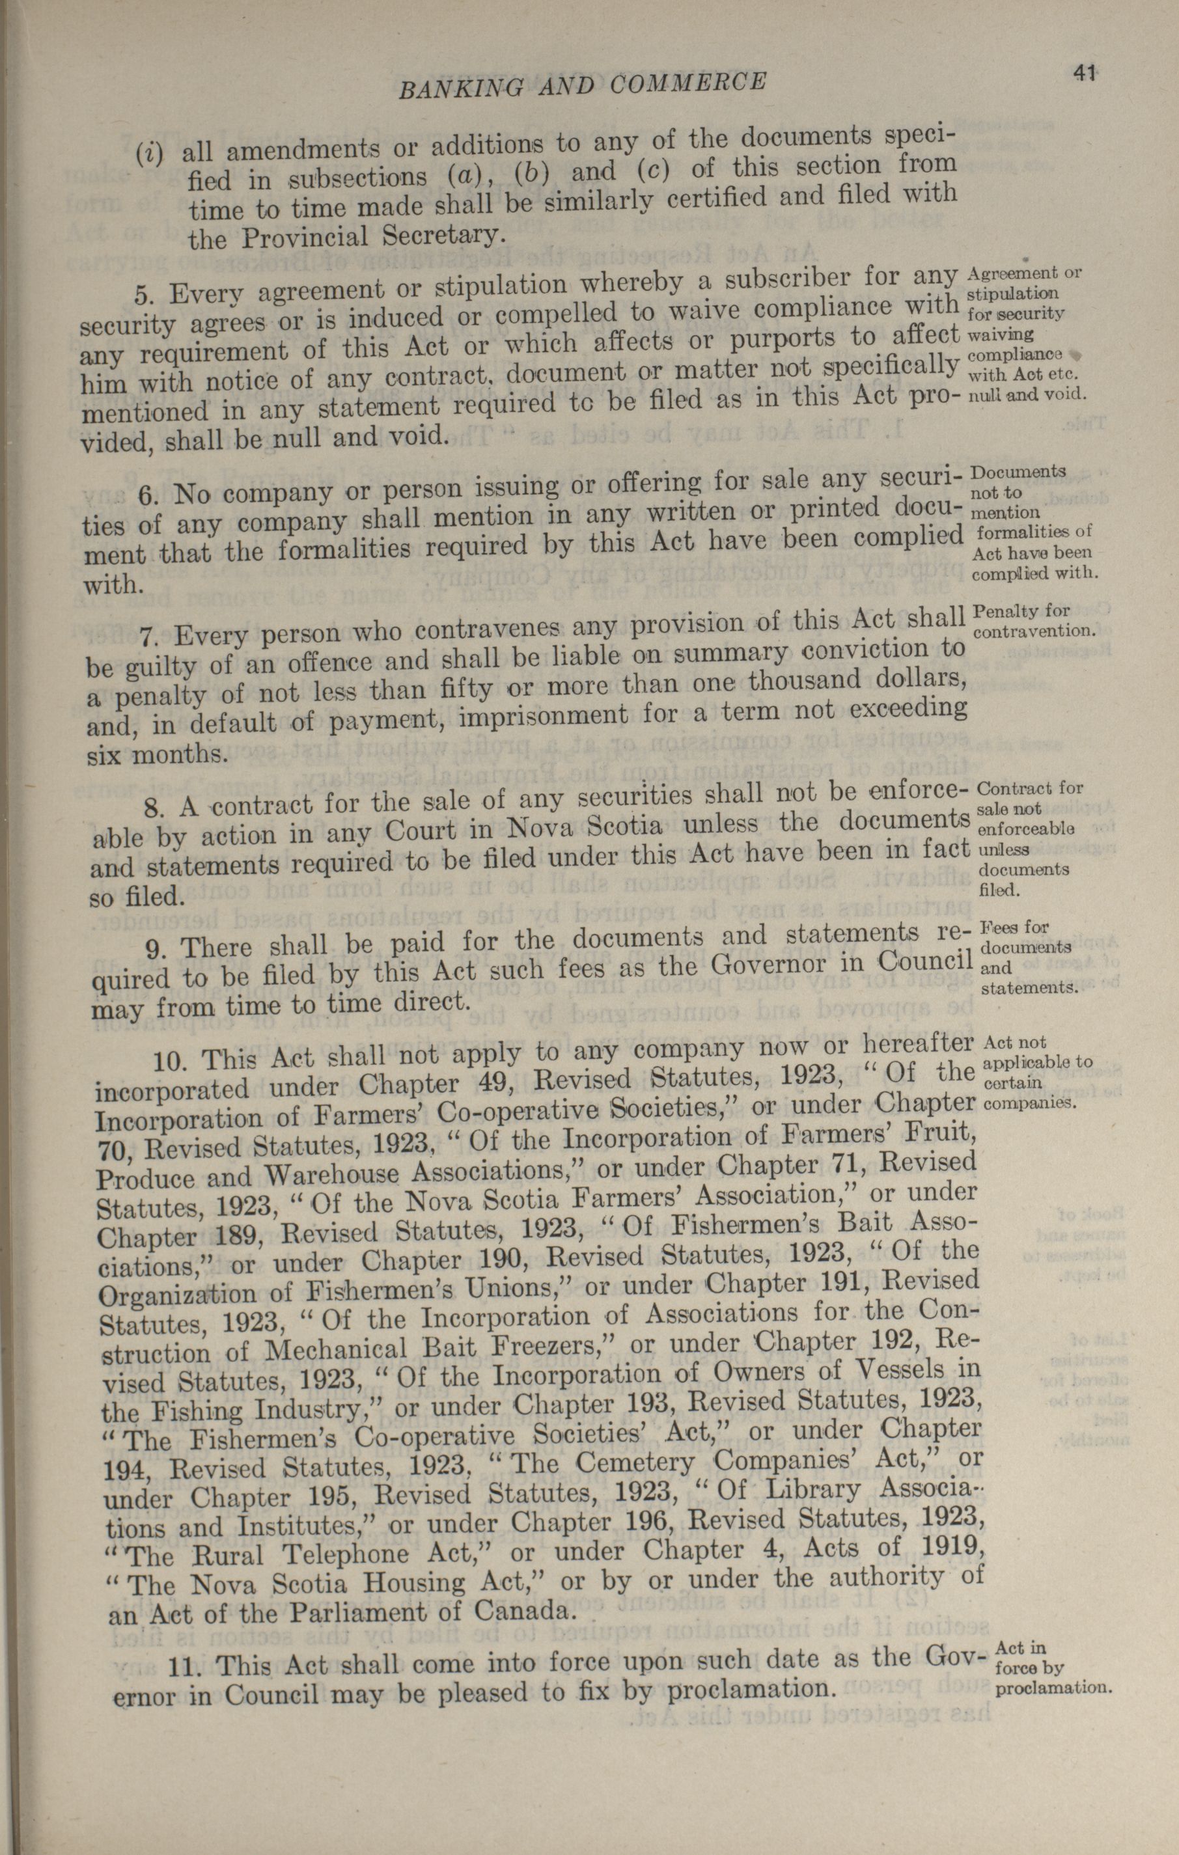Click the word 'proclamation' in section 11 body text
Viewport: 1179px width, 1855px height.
tap(751, 1688)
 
